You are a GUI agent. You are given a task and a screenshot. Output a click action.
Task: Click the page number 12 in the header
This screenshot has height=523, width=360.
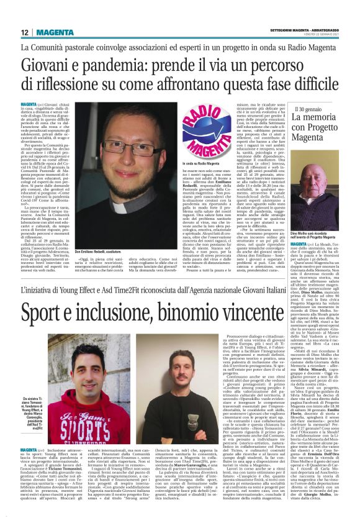(x=25, y=32)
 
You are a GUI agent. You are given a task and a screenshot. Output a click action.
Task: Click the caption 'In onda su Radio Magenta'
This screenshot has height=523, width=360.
(x=194, y=163)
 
